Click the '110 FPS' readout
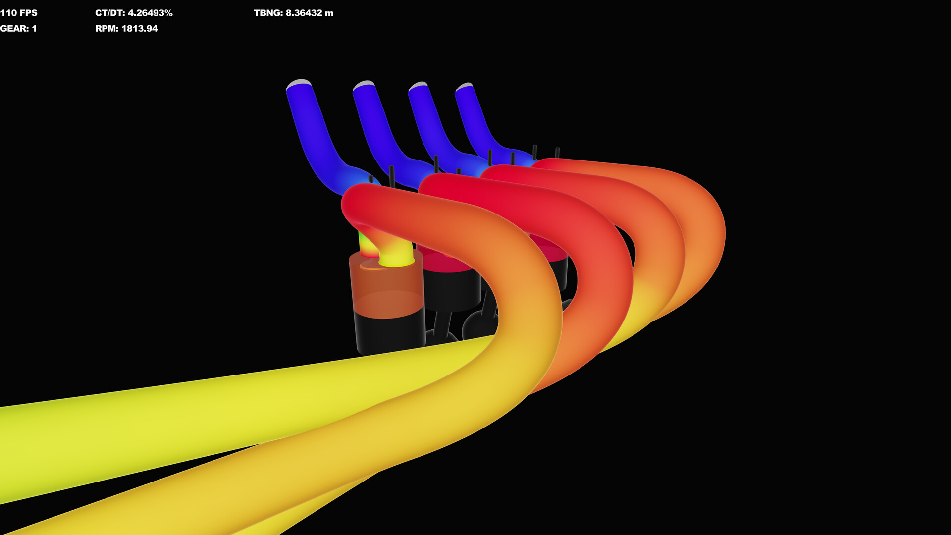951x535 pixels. pos(19,13)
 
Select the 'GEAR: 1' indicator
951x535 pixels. pos(18,29)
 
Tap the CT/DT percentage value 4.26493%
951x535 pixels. pos(150,13)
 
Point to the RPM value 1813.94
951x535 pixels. pos(139,29)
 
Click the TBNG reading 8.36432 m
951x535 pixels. pos(309,13)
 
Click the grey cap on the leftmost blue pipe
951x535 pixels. pos(299,83)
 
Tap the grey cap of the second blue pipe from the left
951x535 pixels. pos(364,84)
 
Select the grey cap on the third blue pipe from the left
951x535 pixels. pos(419,86)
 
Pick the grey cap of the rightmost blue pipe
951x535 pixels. pos(465,86)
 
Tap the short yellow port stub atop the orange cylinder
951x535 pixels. pos(396,255)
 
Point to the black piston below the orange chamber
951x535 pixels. pos(390,332)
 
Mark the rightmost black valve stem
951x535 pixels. pos(557,153)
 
